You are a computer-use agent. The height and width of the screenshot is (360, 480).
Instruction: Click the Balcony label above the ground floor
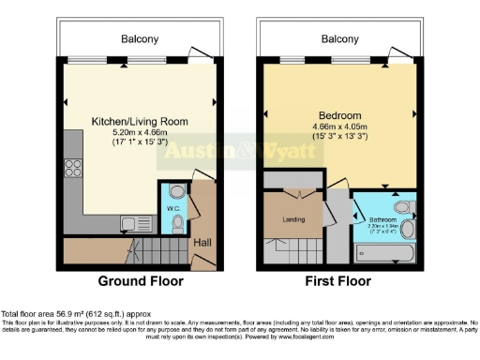pyautogui.click(x=140, y=39)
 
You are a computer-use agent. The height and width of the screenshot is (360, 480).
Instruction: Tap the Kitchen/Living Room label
pyautogui.click(x=140, y=122)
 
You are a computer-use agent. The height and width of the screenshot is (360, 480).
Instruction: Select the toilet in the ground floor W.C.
pyautogui.click(x=174, y=222)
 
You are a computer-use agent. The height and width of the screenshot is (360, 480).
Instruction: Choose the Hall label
pyautogui.click(x=202, y=244)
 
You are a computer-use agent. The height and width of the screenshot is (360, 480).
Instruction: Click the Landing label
pyautogui.click(x=293, y=220)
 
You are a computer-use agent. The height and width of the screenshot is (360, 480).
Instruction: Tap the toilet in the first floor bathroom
pyautogui.click(x=400, y=207)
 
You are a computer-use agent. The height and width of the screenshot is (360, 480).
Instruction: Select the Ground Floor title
pyautogui.click(x=141, y=280)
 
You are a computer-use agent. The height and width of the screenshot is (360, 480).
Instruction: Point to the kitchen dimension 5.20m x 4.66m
pyautogui.click(x=140, y=134)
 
